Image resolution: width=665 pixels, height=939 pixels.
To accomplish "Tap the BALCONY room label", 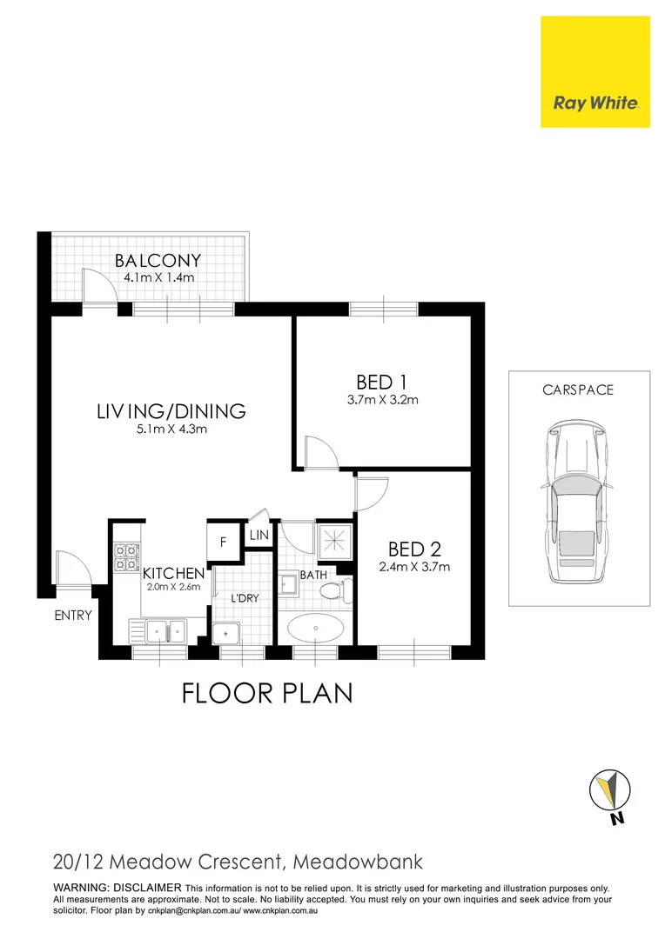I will (x=158, y=260).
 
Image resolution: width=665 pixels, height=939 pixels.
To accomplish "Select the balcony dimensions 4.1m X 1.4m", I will (x=158, y=277).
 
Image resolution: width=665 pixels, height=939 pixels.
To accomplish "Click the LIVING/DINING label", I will (x=171, y=411).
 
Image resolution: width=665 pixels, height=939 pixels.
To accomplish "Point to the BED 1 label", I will (x=382, y=382).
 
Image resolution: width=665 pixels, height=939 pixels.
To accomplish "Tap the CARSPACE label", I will (x=578, y=390).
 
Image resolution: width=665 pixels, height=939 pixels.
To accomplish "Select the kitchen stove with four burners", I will (x=127, y=557).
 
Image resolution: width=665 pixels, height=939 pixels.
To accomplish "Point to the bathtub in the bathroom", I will (x=315, y=627).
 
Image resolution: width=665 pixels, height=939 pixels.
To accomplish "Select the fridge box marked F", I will (x=223, y=543).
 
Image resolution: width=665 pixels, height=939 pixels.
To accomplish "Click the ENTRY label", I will (x=72, y=616).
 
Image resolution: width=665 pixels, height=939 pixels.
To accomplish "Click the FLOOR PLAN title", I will (x=266, y=693).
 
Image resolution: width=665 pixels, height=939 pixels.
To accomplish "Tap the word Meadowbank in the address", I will (x=359, y=862).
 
